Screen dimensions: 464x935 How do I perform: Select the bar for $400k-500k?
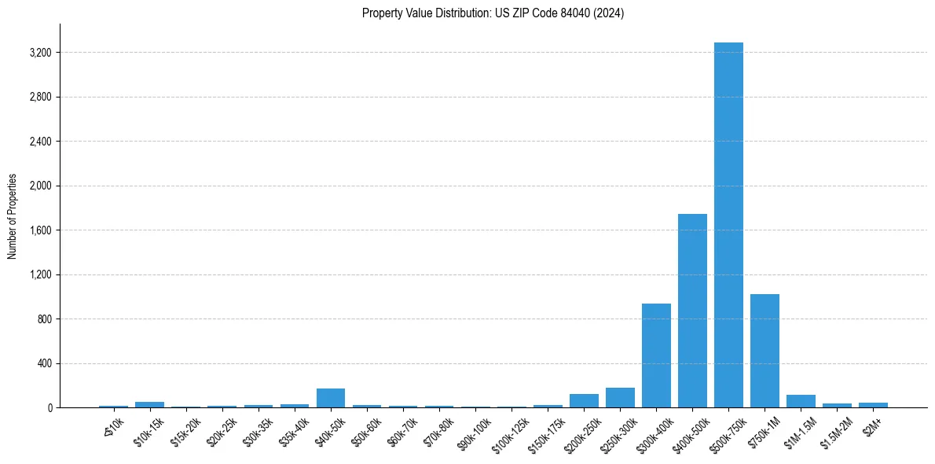pos(692,311)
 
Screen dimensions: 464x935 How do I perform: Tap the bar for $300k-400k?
pos(656,355)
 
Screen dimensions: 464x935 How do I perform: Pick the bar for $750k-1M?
pos(764,351)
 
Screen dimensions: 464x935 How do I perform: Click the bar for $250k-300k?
pos(620,398)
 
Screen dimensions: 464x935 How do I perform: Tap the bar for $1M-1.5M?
pos(801,401)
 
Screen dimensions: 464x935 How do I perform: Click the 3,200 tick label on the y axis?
pos(40,53)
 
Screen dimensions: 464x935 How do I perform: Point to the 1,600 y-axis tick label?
pos(40,230)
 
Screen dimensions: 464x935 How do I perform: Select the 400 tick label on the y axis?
pos(44,363)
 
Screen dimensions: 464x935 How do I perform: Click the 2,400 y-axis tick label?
pos(40,142)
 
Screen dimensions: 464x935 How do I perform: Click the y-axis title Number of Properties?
pos(13,216)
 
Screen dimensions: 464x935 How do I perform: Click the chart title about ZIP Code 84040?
pos(493,13)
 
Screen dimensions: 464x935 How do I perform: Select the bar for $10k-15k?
pos(149,404)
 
